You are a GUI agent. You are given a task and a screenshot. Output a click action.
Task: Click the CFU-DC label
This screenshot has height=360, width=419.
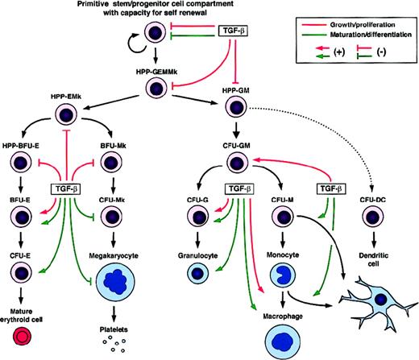click(x=372, y=190)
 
